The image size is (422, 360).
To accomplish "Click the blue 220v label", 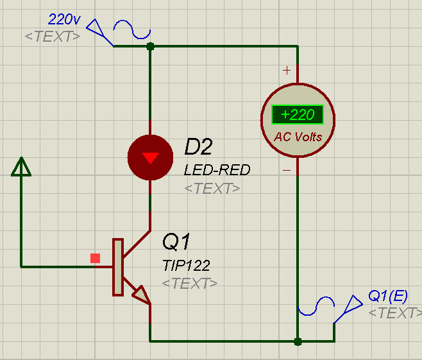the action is point(64,19).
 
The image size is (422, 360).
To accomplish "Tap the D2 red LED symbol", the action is point(150,157).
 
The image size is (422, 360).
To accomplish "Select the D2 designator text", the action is point(199,147).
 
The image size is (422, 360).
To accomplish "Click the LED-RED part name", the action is point(217,169).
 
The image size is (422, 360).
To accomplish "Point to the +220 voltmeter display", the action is point(298,114).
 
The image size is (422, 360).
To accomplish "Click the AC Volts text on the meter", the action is point(298,137).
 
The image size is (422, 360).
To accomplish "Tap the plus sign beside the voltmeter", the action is point(287,71).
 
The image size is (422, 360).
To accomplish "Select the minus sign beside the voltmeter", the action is point(287,170).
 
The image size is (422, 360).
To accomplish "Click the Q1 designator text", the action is point(176,241).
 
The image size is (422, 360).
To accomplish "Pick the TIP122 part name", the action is point(186,266).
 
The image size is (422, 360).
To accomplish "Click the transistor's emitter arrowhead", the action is point(141,295).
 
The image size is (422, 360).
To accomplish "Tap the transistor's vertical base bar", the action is point(118,267).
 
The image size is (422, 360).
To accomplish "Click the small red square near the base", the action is point(96,258).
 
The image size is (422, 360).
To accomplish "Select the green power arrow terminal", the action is point(21,167).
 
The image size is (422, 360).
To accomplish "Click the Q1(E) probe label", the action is point(388,296).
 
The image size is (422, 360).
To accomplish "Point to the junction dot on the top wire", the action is point(150,46).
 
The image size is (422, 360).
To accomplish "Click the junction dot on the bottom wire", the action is point(298,341).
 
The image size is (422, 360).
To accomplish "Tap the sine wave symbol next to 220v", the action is point(132,30).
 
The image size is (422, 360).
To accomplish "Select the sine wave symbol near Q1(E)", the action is point(316,306).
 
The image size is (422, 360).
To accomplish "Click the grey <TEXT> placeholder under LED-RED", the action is point(212,188).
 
